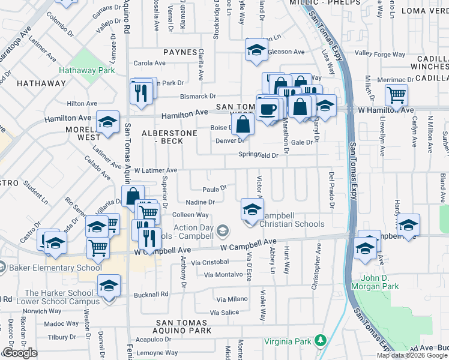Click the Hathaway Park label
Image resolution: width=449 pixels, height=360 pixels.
86,70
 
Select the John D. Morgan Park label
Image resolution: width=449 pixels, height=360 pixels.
381,282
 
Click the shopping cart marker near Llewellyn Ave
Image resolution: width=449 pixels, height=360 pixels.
396,95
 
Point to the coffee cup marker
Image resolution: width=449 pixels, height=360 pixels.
268,109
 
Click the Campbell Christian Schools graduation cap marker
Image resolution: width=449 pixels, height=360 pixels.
252,209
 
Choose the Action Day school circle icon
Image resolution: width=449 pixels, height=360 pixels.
223,230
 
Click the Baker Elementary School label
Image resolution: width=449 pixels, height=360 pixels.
55,268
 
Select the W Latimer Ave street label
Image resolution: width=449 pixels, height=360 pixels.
155,170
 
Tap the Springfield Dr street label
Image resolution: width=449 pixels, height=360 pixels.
258,155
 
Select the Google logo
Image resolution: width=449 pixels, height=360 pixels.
20,353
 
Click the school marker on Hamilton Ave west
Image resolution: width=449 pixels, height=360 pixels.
107,122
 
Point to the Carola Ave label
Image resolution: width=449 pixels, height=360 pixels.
149,63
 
